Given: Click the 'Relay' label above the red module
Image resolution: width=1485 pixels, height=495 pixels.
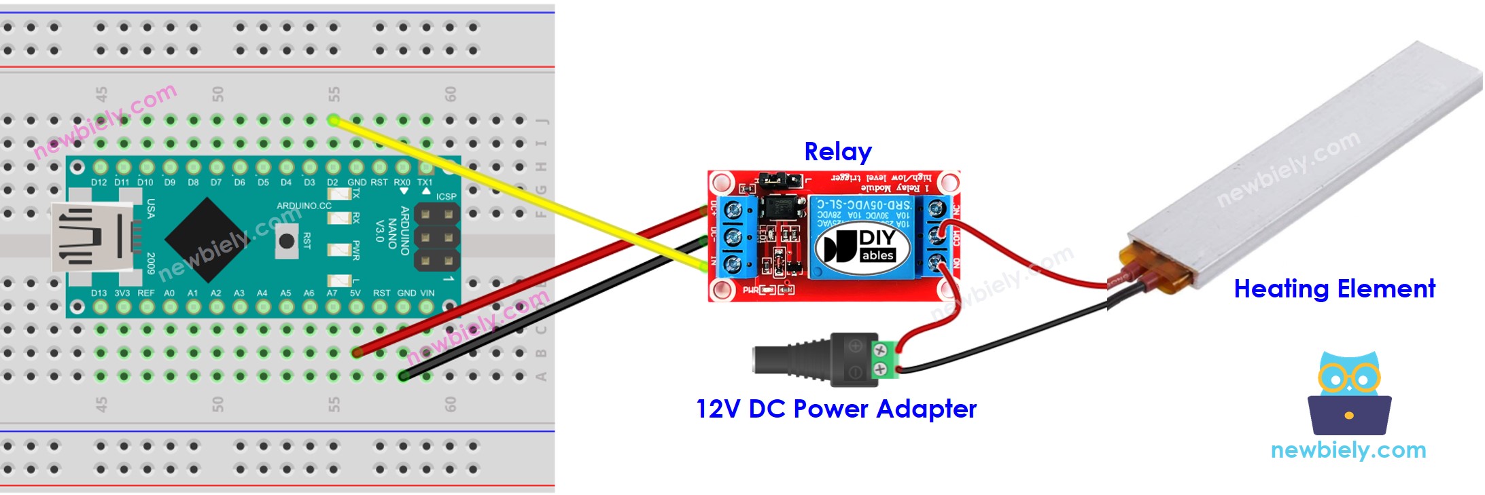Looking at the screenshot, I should pyautogui.click(x=837, y=151).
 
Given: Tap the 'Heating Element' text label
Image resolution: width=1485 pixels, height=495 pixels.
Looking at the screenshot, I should pyautogui.click(x=1333, y=289).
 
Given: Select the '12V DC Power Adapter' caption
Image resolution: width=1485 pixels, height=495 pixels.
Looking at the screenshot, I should pyautogui.click(x=835, y=409).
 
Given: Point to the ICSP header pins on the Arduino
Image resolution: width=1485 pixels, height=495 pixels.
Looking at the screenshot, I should pyautogui.click(x=436, y=236).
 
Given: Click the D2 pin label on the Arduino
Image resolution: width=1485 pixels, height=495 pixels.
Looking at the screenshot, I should pyautogui.click(x=332, y=183).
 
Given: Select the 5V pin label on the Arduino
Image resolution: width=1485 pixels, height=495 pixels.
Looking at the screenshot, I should pyautogui.click(x=355, y=293).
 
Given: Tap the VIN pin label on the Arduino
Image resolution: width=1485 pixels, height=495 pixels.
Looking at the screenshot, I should pyautogui.click(x=427, y=293).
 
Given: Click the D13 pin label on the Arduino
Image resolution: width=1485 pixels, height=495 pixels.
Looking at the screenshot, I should pyautogui.click(x=99, y=293).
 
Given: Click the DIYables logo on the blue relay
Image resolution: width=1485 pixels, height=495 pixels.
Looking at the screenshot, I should pyautogui.click(x=863, y=246).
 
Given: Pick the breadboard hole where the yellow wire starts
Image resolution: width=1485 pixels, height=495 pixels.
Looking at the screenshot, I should pyautogui.click(x=333, y=120).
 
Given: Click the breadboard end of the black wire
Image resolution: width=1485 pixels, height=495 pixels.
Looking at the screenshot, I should pyautogui.click(x=404, y=375).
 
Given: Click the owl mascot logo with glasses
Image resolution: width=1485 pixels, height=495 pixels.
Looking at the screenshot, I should pyautogui.click(x=1349, y=393).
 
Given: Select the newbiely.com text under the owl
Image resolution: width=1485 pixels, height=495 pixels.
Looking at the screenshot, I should pyautogui.click(x=1348, y=450).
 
